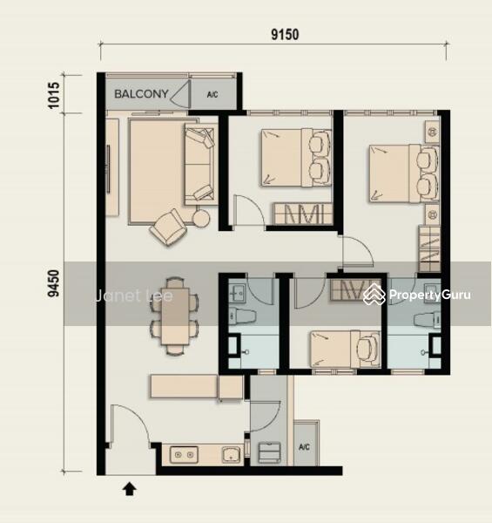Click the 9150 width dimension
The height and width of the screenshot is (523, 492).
click(285, 34)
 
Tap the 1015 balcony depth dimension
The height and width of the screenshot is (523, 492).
click(54, 95)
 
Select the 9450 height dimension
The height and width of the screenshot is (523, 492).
click(54, 283)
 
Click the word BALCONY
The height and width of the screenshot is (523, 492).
click(141, 94)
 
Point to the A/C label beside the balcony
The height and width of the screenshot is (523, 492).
click(212, 95)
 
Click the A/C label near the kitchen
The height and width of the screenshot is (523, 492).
click(304, 447)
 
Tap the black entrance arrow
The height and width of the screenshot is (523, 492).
click(130, 489)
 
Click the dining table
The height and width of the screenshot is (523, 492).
click(175, 316)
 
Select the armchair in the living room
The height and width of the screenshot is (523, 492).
click(168, 227)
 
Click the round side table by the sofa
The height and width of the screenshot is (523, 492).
click(201, 219)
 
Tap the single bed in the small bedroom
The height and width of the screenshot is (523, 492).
click(346, 350)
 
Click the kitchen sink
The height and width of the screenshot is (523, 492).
click(231, 455)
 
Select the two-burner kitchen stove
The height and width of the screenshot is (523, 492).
click(184, 455)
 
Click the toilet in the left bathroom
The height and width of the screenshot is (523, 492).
click(242, 316)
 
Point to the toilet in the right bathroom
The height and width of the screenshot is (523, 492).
click(428, 320)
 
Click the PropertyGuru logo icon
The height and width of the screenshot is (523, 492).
click(374, 295)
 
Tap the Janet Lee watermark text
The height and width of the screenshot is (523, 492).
click(134, 295)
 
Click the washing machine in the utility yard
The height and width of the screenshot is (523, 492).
click(269, 452)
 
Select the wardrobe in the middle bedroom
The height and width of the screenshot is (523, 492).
click(303, 214)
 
